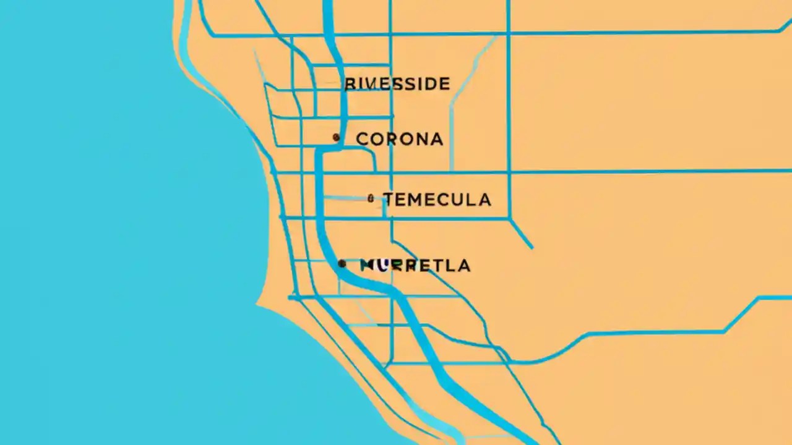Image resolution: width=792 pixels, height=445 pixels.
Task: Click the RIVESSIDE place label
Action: pos(397,83)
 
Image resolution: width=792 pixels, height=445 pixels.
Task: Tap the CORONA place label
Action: pos(400,139)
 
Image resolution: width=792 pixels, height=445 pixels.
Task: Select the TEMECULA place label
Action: pos(437,200)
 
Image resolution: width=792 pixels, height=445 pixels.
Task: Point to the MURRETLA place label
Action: pos(415,266)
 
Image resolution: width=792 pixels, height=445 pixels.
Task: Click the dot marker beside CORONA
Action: pos(336,137)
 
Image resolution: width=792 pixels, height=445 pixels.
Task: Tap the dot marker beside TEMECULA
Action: pos(371,198)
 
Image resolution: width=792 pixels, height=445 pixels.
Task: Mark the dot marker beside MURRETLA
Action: pos(342,264)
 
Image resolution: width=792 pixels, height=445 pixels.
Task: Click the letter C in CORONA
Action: pos(363,139)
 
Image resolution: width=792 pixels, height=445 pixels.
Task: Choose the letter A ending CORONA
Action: pos(436,139)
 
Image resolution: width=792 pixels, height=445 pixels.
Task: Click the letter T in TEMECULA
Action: pos(389,200)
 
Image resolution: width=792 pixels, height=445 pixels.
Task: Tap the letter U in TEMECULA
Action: pos(457,200)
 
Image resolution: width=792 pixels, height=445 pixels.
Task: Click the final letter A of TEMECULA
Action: pos(483,200)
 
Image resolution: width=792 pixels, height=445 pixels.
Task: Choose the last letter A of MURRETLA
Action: pos(463,266)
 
